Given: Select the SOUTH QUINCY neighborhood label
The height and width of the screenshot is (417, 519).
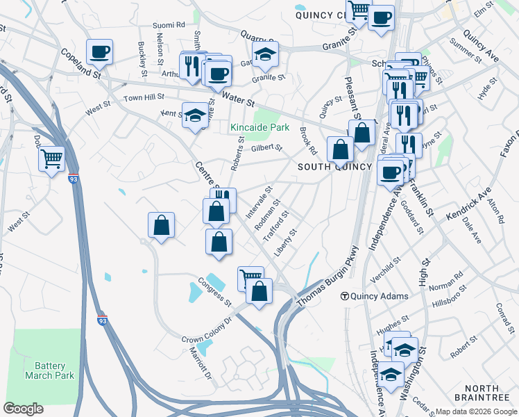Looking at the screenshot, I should click(x=327, y=167).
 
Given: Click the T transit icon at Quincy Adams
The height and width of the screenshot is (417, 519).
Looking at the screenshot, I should click(x=344, y=296).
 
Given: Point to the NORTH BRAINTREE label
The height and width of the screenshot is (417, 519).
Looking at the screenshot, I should click(x=482, y=392).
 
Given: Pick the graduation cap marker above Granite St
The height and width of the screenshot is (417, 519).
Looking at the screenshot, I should click(x=265, y=56).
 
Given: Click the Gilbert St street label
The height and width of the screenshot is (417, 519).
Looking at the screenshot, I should click(x=266, y=147).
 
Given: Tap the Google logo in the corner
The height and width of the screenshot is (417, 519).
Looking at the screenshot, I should click(x=24, y=408).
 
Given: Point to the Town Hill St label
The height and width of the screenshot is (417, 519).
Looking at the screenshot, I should click(x=144, y=98).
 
